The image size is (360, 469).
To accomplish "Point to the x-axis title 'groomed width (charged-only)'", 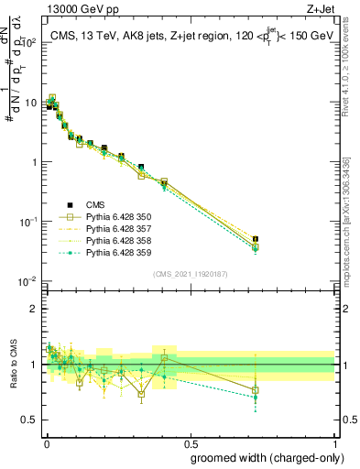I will pyautogui.click(x=260, y=457).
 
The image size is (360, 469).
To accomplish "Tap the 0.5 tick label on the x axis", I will pyautogui.click(x=191, y=443).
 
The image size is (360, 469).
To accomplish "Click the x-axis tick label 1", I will pyautogui.click(x=335, y=443).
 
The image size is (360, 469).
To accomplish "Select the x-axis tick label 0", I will pyautogui.click(x=46, y=443).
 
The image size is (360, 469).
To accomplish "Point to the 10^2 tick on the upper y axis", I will pyautogui.click(x=29, y=42).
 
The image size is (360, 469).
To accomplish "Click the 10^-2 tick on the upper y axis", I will pyautogui.click(x=29, y=281).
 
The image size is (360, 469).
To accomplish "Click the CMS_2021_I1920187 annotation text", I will pyautogui.click(x=191, y=273).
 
